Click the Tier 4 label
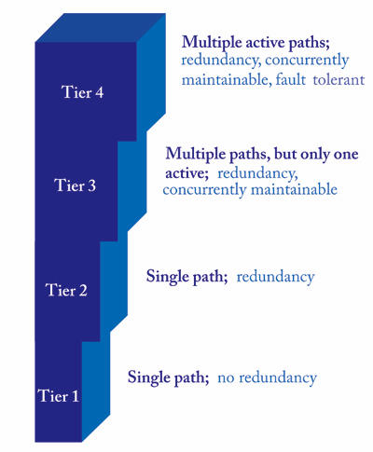[x=82, y=92]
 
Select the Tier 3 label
[x=75, y=185]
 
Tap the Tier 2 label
[x=66, y=290]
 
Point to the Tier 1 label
[x=59, y=396]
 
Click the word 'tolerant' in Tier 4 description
[x=338, y=80]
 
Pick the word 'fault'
[x=290, y=80]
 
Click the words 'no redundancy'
[x=267, y=378]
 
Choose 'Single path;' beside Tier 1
[x=169, y=377]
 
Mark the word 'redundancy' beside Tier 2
[x=275, y=277]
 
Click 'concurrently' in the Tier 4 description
[x=307, y=61]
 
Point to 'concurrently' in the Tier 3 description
[x=205, y=190]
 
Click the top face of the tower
[x=101, y=28]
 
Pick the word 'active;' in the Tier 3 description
[x=186, y=173]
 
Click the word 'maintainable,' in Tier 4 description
[x=225, y=80]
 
